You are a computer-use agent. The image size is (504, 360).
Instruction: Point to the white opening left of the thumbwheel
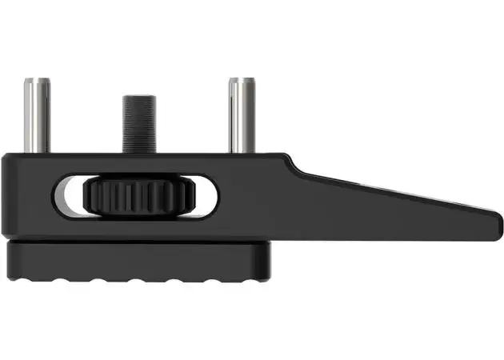[70, 196]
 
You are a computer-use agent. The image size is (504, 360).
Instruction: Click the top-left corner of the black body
[6, 155]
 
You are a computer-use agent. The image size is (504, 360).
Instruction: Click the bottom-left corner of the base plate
[10, 276]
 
